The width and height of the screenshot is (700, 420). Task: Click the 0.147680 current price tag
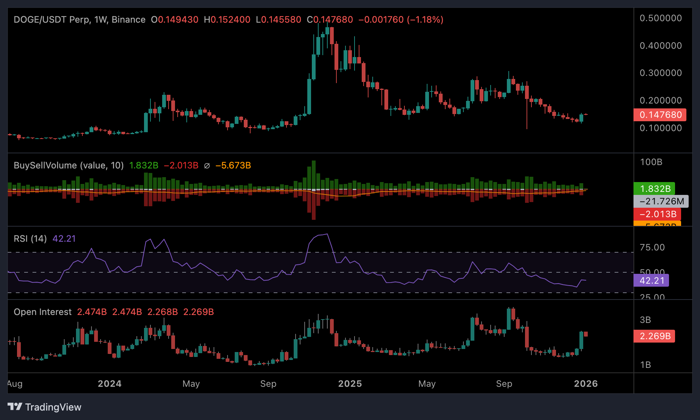pyautogui.click(x=660, y=115)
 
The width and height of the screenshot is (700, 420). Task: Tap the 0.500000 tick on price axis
pyautogui.click(x=661, y=18)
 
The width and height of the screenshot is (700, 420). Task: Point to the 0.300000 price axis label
pyautogui.click(x=661, y=73)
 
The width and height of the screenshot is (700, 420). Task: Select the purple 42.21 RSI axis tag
pyautogui.click(x=651, y=281)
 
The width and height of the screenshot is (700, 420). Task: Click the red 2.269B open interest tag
pyautogui.click(x=655, y=336)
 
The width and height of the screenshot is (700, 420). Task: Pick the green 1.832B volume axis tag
pyautogui.click(x=655, y=189)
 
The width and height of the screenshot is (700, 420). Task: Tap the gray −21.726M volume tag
pyautogui.click(x=661, y=201)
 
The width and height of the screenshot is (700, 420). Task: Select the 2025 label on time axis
pyautogui.click(x=350, y=384)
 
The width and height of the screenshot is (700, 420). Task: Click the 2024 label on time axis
pyautogui.click(x=110, y=384)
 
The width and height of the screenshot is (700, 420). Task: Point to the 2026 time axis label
pyautogui.click(x=586, y=384)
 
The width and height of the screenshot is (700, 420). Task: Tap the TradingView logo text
pyautogui.click(x=53, y=407)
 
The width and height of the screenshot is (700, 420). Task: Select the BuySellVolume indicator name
pyautogui.click(x=68, y=165)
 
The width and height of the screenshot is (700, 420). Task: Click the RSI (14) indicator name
pyautogui.click(x=30, y=239)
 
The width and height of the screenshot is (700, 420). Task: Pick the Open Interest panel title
pyautogui.click(x=42, y=312)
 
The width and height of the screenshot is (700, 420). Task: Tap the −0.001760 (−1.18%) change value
pyautogui.click(x=401, y=20)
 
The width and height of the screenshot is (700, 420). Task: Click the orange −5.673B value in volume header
pyautogui.click(x=233, y=165)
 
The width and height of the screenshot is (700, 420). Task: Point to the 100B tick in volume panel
pyautogui.click(x=651, y=162)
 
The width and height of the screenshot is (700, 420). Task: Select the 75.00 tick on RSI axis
pyautogui.click(x=652, y=247)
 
